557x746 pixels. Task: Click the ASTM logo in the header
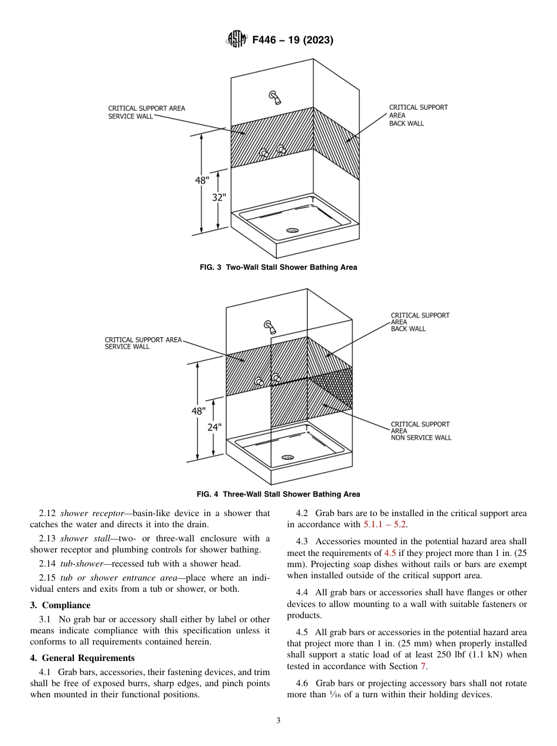[x=237, y=40]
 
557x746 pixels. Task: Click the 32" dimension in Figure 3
[x=219, y=198]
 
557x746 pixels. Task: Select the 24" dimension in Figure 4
[x=214, y=428]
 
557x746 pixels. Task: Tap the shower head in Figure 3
[x=273, y=96]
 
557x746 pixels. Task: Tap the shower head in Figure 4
[x=269, y=326]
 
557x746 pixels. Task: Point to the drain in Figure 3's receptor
[x=293, y=230]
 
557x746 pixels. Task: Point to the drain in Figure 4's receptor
[x=287, y=457]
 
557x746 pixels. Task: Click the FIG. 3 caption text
[x=278, y=267]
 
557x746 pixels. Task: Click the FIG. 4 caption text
[x=278, y=494]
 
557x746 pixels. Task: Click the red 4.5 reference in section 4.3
[x=390, y=553]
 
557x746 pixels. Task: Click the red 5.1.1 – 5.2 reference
[x=385, y=524]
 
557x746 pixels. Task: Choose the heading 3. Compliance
[x=60, y=605]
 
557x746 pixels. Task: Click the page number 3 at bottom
[x=278, y=721]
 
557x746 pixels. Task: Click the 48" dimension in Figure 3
[x=202, y=181]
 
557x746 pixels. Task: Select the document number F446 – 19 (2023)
[x=293, y=40]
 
